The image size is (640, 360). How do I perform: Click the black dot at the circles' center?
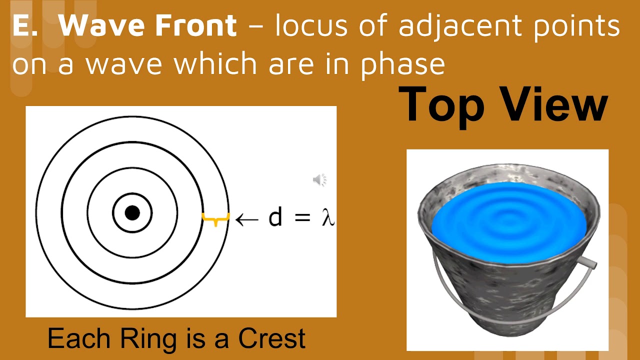132,213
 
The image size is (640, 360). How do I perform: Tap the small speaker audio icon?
319,179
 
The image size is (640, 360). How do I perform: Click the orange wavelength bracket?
215,218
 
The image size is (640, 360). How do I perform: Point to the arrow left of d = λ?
246,218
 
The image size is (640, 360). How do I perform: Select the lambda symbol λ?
327,218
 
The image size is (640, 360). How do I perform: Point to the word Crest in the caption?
271,338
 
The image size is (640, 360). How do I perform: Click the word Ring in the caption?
147,338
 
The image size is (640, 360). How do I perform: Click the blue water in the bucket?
510,220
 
